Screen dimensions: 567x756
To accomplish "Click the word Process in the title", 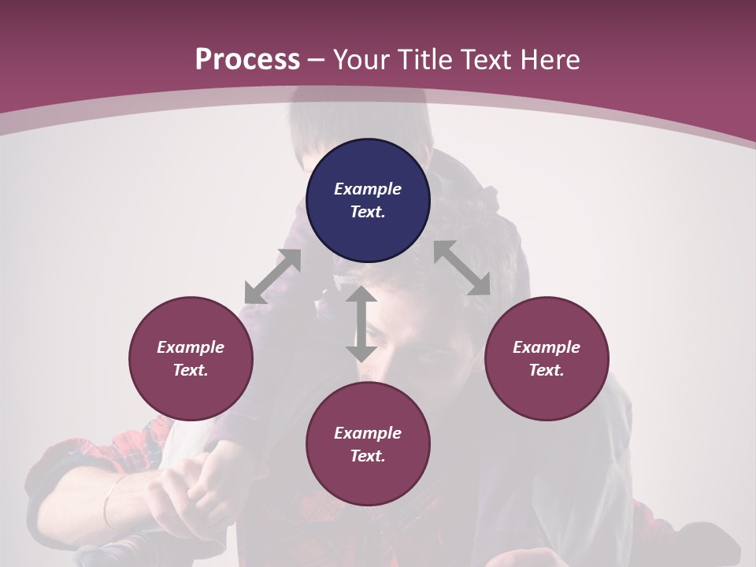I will (x=247, y=60).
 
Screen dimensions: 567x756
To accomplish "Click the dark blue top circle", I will (x=368, y=200).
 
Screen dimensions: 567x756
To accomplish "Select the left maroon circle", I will (x=191, y=358).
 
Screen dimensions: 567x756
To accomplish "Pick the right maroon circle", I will (x=547, y=358).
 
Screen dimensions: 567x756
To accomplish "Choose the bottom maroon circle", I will (x=368, y=444).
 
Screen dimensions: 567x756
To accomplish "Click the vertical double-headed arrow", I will (x=361, y=324).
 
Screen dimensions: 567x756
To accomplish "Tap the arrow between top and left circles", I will (x=272, y=276).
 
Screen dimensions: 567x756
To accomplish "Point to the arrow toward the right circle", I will (x=461, y=268).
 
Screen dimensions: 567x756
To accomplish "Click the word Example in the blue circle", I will (x=368, y=189).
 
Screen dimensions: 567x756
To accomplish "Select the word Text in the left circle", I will (x=191, y=370).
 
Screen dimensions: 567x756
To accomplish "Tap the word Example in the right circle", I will (x=547, y=347).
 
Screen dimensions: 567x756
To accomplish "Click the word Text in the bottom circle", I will (x=368, y=456).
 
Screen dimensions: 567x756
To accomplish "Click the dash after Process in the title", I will (x=316, y=60).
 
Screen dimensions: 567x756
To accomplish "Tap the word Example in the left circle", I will (x=191, y=347).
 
